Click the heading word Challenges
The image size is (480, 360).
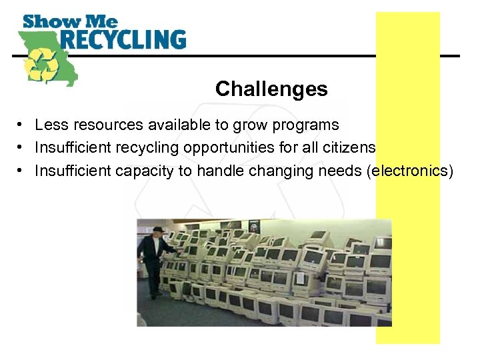pyautogui.click(x=271, y=89)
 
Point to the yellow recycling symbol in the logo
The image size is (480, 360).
pyautogui.click(x=41, y=63)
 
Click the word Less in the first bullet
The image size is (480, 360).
pyautogui.click(x=47, y=125)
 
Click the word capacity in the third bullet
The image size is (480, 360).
pyautogui.click(x=141, y=171)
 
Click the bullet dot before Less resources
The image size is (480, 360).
pyautogui.click(x=22, y=125)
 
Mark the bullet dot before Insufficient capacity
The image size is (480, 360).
pyautogui.click(x=22, y=171)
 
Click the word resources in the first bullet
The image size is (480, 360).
pyautogui.click(x=93, y=125)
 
